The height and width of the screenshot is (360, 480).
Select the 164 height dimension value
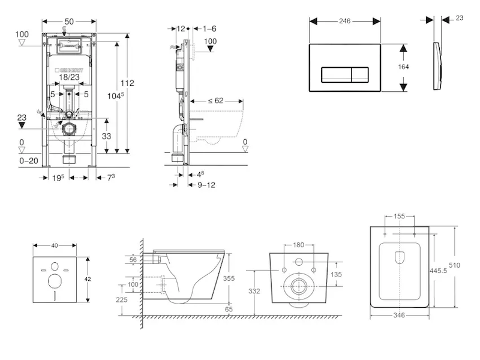pyautogui.click(x=403, y=67)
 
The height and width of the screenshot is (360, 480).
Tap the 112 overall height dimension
pyautogui.click(x=127, y=83)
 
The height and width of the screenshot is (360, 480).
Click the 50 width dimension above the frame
pyautogui.click(x=69, y=22)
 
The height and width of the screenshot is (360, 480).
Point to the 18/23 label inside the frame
pyautogui.click(x=69, y=77)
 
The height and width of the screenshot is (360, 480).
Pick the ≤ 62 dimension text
pyautogui.click(x=215, y=101)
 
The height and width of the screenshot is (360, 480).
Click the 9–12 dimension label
pyautogui.click(x=206, y=185)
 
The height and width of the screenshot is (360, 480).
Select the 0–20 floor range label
pyautogui.click(x=28, y=161)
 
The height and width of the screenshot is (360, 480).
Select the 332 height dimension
pyautogui.click(x=254, y=291)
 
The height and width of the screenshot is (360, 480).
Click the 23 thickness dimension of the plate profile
pyautogui.click(x=459, y=19)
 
